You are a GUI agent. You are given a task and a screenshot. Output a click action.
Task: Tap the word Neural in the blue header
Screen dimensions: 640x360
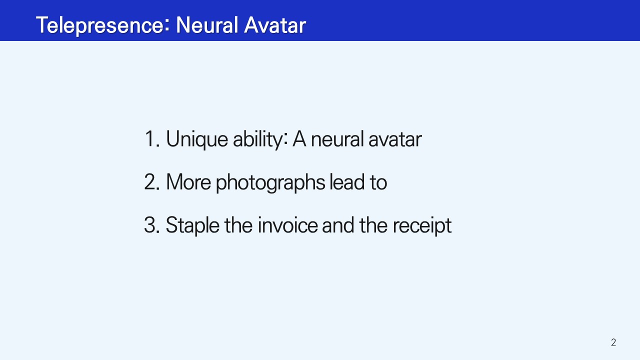(207, 25)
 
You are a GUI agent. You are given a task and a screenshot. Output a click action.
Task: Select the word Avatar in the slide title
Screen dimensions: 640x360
(275, 25)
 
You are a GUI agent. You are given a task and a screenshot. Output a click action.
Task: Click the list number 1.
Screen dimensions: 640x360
(152, 139)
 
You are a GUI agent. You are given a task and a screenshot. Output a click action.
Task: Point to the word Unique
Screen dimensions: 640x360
(197, 140)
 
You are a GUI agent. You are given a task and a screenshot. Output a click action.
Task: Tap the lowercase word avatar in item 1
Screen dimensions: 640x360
(395, 140)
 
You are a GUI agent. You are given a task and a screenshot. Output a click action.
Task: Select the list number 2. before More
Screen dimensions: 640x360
(151, 182)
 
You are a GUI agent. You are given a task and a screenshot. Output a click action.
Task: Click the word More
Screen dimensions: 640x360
(188, 182)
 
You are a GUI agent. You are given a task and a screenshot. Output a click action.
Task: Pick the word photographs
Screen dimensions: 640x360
(270, 183)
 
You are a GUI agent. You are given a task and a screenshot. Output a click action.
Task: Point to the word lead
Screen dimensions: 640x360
(347, 181)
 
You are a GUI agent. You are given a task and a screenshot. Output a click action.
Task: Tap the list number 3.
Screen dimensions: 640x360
(151, 225)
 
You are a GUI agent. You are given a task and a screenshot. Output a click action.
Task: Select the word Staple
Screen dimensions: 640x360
(192, 226)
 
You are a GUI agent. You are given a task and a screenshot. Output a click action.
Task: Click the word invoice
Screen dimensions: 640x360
(287, 225)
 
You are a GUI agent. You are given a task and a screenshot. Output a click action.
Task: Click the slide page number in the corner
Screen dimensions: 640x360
(613, 342)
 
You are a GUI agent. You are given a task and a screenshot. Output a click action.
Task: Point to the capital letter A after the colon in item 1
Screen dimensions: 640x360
(299, 139)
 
